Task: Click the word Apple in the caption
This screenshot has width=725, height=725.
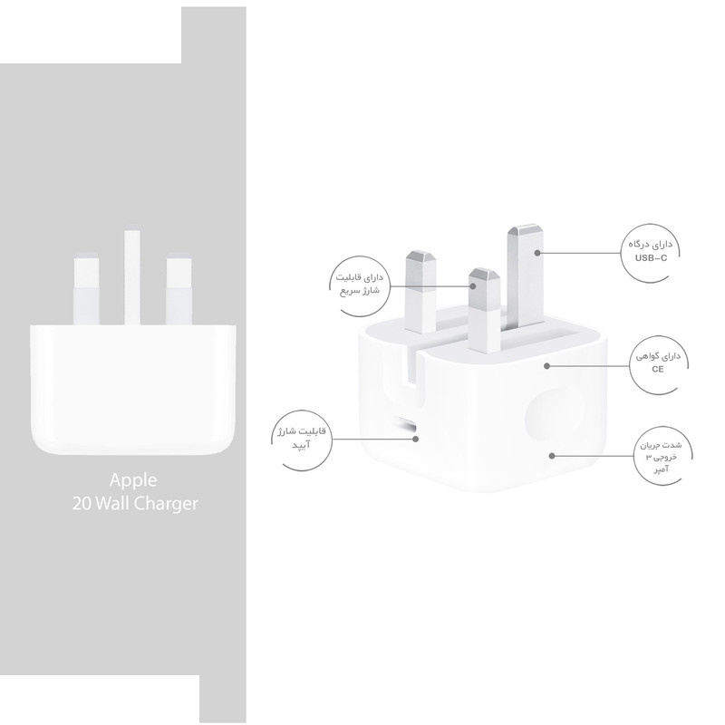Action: coord(133,481)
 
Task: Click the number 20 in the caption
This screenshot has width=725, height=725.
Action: coord(82,504)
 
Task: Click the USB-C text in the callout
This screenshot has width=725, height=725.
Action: coord(651,258)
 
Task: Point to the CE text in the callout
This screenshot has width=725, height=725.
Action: coord(658,369)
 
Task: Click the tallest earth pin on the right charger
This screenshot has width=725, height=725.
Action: coord(526,276)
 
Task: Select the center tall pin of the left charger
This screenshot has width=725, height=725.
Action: coord(132,277)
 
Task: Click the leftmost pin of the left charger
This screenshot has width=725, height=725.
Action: coord(86,289)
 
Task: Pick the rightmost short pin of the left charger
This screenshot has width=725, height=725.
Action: coord(179,289)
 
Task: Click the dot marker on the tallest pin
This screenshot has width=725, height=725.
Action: coord(537,253)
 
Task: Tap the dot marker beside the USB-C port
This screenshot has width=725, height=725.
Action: coord(416,439)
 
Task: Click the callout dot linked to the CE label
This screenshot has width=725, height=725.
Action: coord(547,366)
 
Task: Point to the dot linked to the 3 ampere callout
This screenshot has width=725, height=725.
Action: coord(552,456)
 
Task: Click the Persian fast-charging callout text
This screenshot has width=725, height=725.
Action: coord(359,285)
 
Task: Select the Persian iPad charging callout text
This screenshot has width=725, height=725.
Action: coord(302,438)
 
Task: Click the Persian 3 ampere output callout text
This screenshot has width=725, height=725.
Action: coord(661,458)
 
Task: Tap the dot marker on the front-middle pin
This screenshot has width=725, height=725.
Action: coord(473,286)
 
